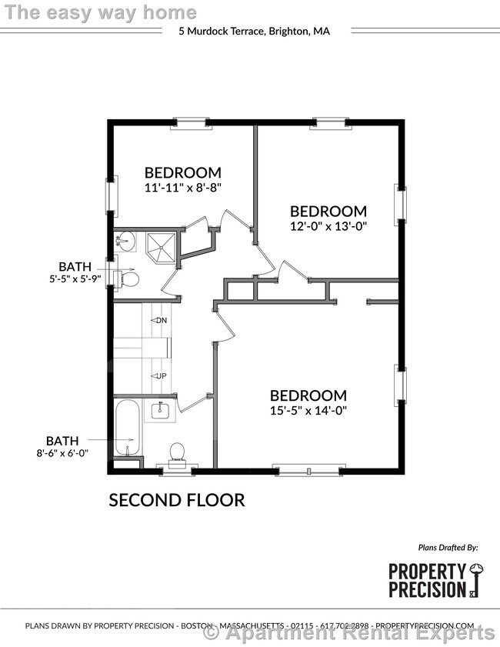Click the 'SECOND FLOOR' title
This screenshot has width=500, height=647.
click(x=176, y=500)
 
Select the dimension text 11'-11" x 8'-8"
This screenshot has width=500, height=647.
click(x=183, y=187)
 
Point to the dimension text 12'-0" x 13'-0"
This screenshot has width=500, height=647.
click(x=328, y=226)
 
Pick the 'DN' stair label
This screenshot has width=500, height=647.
click(x=160, y=320)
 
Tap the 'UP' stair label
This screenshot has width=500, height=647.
click(x=161, y=375)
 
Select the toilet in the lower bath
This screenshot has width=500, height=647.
click(x=177, y=452)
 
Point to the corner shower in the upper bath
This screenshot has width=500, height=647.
click(x=161, y=245)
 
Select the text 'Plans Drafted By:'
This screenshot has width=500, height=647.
click(x=448, y=548)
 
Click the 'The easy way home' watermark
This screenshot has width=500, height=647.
click(x=101, y=12)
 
